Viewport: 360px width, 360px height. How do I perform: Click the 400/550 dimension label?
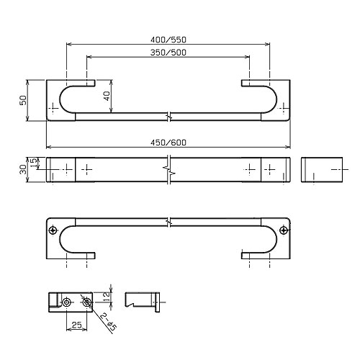(x=168, y=40)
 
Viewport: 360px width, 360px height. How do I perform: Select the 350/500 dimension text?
(x=168, y=53)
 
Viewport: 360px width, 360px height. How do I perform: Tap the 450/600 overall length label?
(x=168, y=143)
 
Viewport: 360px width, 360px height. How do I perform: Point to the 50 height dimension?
(x=23, y=100)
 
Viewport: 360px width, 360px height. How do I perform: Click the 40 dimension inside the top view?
(x=107, y=96)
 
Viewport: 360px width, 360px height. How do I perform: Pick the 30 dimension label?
(x=23, y=169)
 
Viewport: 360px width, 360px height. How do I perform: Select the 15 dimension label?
(x=35, y=163)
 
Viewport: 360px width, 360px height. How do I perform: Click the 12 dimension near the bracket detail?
(x=107, y=297)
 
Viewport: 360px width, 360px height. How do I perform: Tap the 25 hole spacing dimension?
(x=77, y=325)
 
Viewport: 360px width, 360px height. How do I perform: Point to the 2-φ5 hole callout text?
(x=109, y=323)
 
